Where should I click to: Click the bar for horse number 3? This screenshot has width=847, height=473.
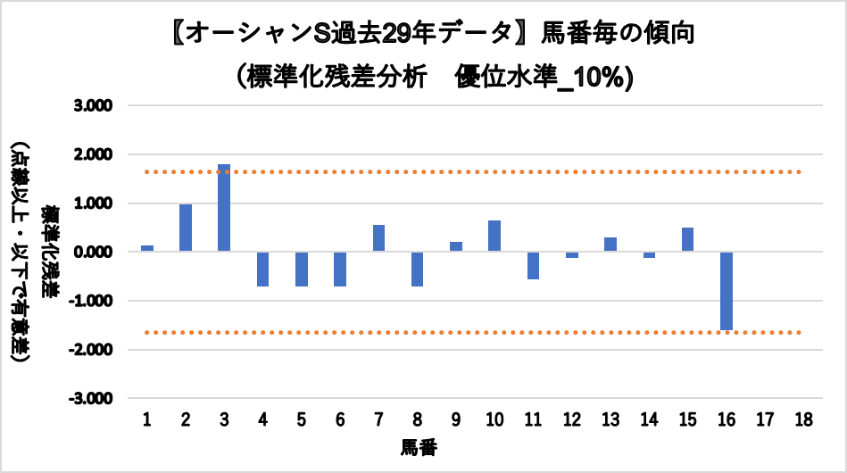pos(224,208)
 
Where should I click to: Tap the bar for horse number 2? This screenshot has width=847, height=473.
pos(186,228)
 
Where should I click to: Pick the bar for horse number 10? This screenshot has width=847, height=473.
pos(494,236)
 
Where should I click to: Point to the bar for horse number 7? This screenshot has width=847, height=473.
pos(378,238)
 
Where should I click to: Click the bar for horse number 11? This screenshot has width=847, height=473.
pos(533,265)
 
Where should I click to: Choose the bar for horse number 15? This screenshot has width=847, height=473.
pos(686,239)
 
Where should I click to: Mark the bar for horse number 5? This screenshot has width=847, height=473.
pos(302,269)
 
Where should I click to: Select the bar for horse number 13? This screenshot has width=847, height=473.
pos(610,245)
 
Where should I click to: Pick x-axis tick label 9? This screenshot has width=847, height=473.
pos(455,419)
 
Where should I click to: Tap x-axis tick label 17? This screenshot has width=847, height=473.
pos(763,419)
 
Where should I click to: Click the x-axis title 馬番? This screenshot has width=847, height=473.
pos(418,445)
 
